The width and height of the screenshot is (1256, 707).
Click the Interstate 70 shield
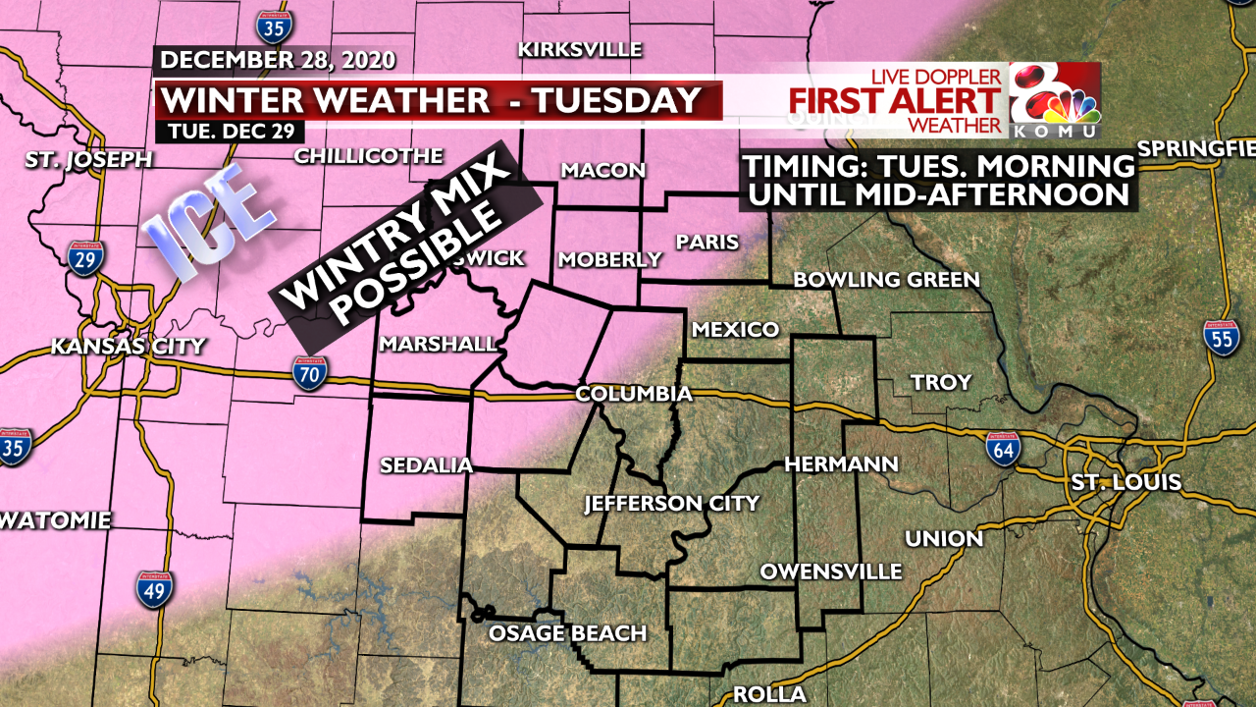click(x=309, y=373)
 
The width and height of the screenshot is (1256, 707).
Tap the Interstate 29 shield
click(x=84, y=257)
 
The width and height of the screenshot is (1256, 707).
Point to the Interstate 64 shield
click(x=1003, y=448)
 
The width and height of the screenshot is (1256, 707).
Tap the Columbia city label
click(x=633, y=394)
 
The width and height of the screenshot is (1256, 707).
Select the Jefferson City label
click(x=671, y=504)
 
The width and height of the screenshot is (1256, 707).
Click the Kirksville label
click(x=579, y=49)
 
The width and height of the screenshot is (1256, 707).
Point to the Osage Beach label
click(x=567, y=633)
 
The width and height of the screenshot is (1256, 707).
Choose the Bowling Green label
click(x=886, y=280)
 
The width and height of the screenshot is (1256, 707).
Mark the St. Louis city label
click(x=1125, y=483)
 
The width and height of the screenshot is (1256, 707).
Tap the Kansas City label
click(x=128, y=346)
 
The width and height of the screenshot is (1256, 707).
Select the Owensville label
click(x=830, y=571)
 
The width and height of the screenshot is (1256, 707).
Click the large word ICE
click(x=208, y=226)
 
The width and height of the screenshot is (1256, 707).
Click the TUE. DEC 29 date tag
click(x=229, y=130)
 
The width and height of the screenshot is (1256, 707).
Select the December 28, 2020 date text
click(x=278, y=60)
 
